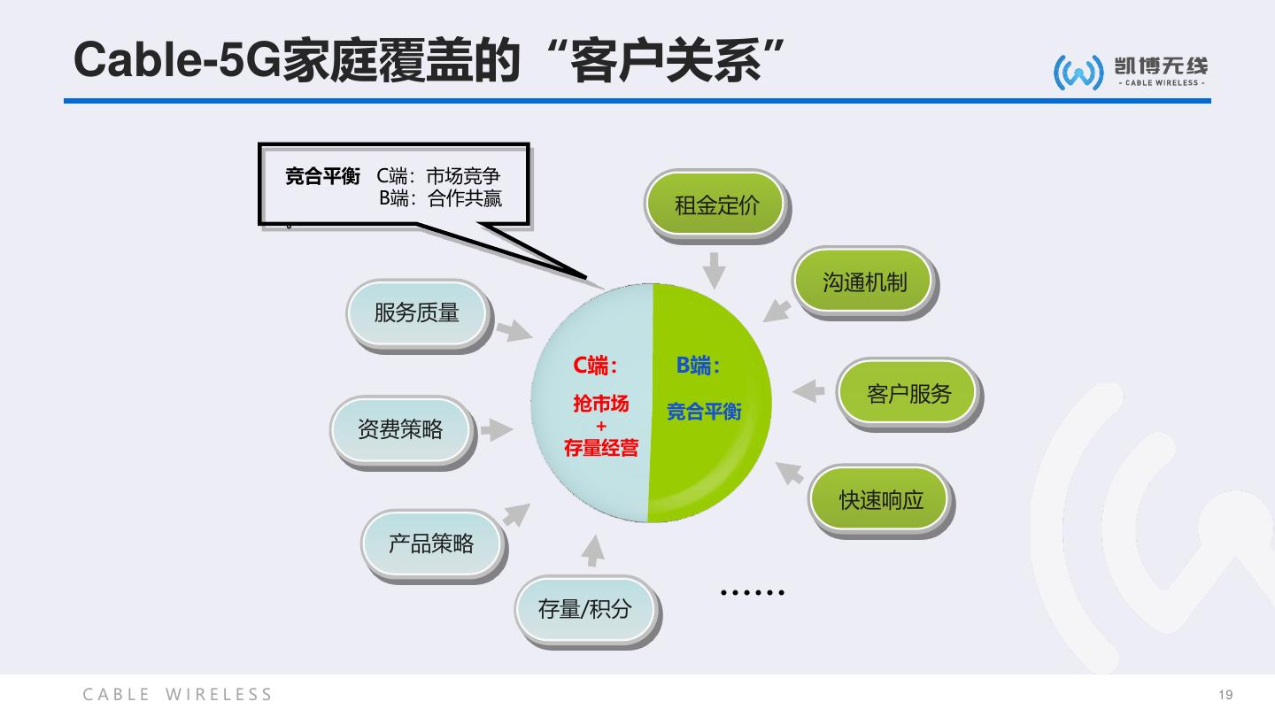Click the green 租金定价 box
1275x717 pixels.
pos(716,206)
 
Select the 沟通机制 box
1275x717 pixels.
pos(864,281)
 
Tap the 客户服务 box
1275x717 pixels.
pos(908,394)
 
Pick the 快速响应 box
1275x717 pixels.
pos(881,499)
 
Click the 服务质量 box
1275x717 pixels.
pos(417,312)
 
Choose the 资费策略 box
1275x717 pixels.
pos(400,429)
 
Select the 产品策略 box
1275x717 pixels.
pos(431,544)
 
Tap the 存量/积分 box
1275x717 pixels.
pos(584,609)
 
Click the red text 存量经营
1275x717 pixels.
pos(601,448)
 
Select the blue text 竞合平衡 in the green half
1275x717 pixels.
pos(704,412)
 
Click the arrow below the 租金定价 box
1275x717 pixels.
pos(714,269)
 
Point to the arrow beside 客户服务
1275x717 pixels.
pos(807,390)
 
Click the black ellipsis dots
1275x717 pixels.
pos(753,592)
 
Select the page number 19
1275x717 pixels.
pos(1225,695)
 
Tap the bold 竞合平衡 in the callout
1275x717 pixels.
pos(322,176)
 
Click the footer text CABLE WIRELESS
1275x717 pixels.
pos(178,695)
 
